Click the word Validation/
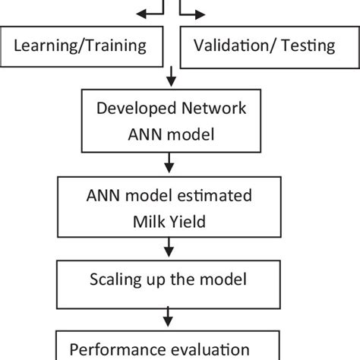pyautogui.click(x=234, y=46)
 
